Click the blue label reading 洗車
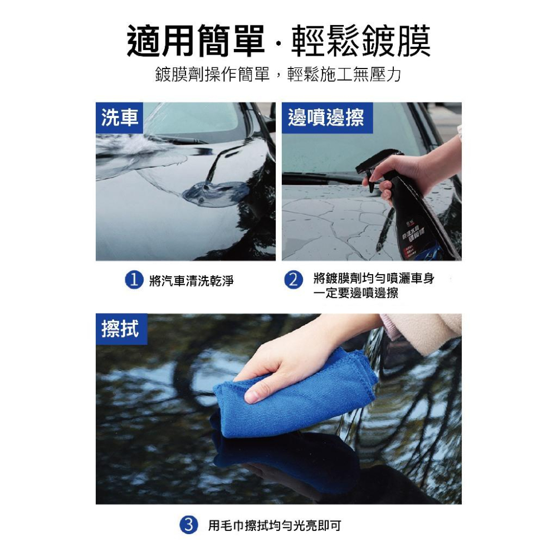click(119, 118)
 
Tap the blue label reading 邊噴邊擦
click(326, 118)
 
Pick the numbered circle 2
click(294, 280)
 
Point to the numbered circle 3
click(189, 524)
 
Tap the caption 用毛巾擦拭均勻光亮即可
click(274, 525)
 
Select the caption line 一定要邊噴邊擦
click(355, 293)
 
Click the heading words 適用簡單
click(196, 41)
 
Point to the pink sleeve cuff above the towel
click(423, 333)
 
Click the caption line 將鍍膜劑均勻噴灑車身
click(373, 278)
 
